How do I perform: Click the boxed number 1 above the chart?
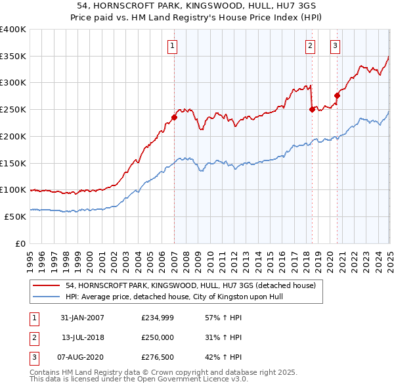[171, 46]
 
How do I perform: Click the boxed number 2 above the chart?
[309, 46]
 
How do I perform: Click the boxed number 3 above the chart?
[335, 46]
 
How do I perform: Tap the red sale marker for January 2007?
[175, 118]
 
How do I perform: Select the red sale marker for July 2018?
[312, 110]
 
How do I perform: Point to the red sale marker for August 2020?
[337, 95]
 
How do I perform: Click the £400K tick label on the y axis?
[13, 30]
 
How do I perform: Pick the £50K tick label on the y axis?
[15, 216]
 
